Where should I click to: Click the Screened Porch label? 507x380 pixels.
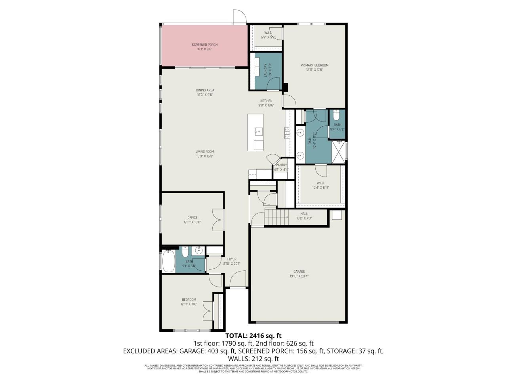click(x=204, y=45)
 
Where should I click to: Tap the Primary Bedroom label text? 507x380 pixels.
click(x=314, y=65)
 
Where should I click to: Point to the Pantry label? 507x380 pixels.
click(x=281, y=165)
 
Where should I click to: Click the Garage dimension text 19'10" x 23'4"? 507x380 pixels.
click(x=299, y=276)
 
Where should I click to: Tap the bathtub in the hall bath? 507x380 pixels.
click(x=169, y=261)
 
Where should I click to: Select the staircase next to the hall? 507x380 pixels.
click(x=276, y=217)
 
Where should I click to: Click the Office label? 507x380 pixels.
click(x=192, y=217)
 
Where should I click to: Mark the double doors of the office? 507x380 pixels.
click(x=217, y=220)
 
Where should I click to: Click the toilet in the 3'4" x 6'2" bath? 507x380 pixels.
click(x=336, y=116)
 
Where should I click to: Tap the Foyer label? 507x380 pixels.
click(x=232, y=259)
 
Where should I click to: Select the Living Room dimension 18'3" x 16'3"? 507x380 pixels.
click(x=205, y=156)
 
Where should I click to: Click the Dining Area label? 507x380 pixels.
click(x=205, y=90)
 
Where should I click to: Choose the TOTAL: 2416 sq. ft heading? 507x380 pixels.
click(x=253, y=336)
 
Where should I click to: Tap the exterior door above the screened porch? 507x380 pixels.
click(x=239, y=17)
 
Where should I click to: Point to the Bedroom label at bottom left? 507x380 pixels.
click(x=189, y=300)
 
